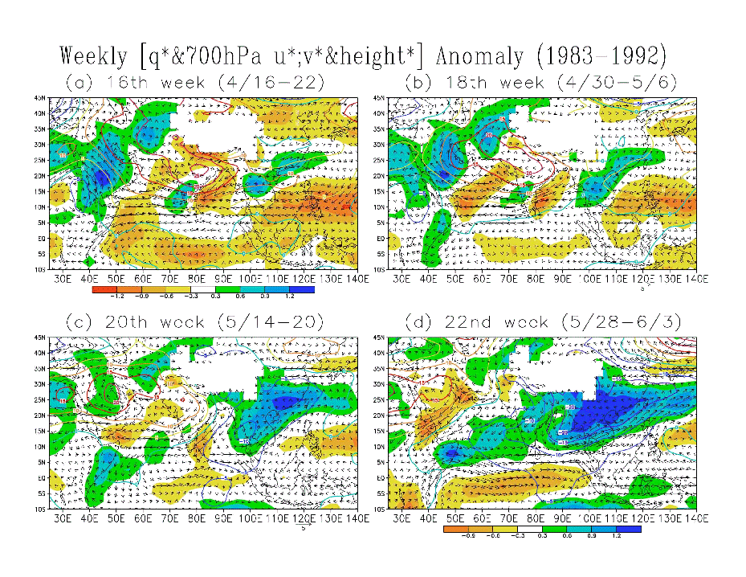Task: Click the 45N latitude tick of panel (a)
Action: coord(41,98)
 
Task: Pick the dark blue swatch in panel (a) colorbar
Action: coord(301,288)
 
